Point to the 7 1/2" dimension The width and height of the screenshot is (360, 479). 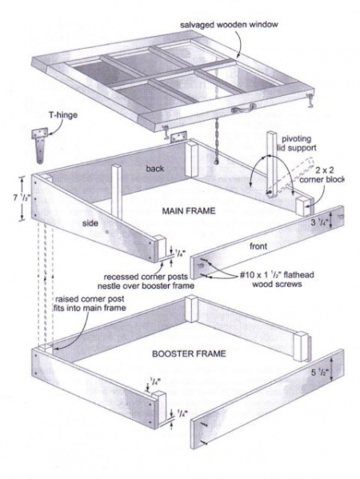11,196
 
